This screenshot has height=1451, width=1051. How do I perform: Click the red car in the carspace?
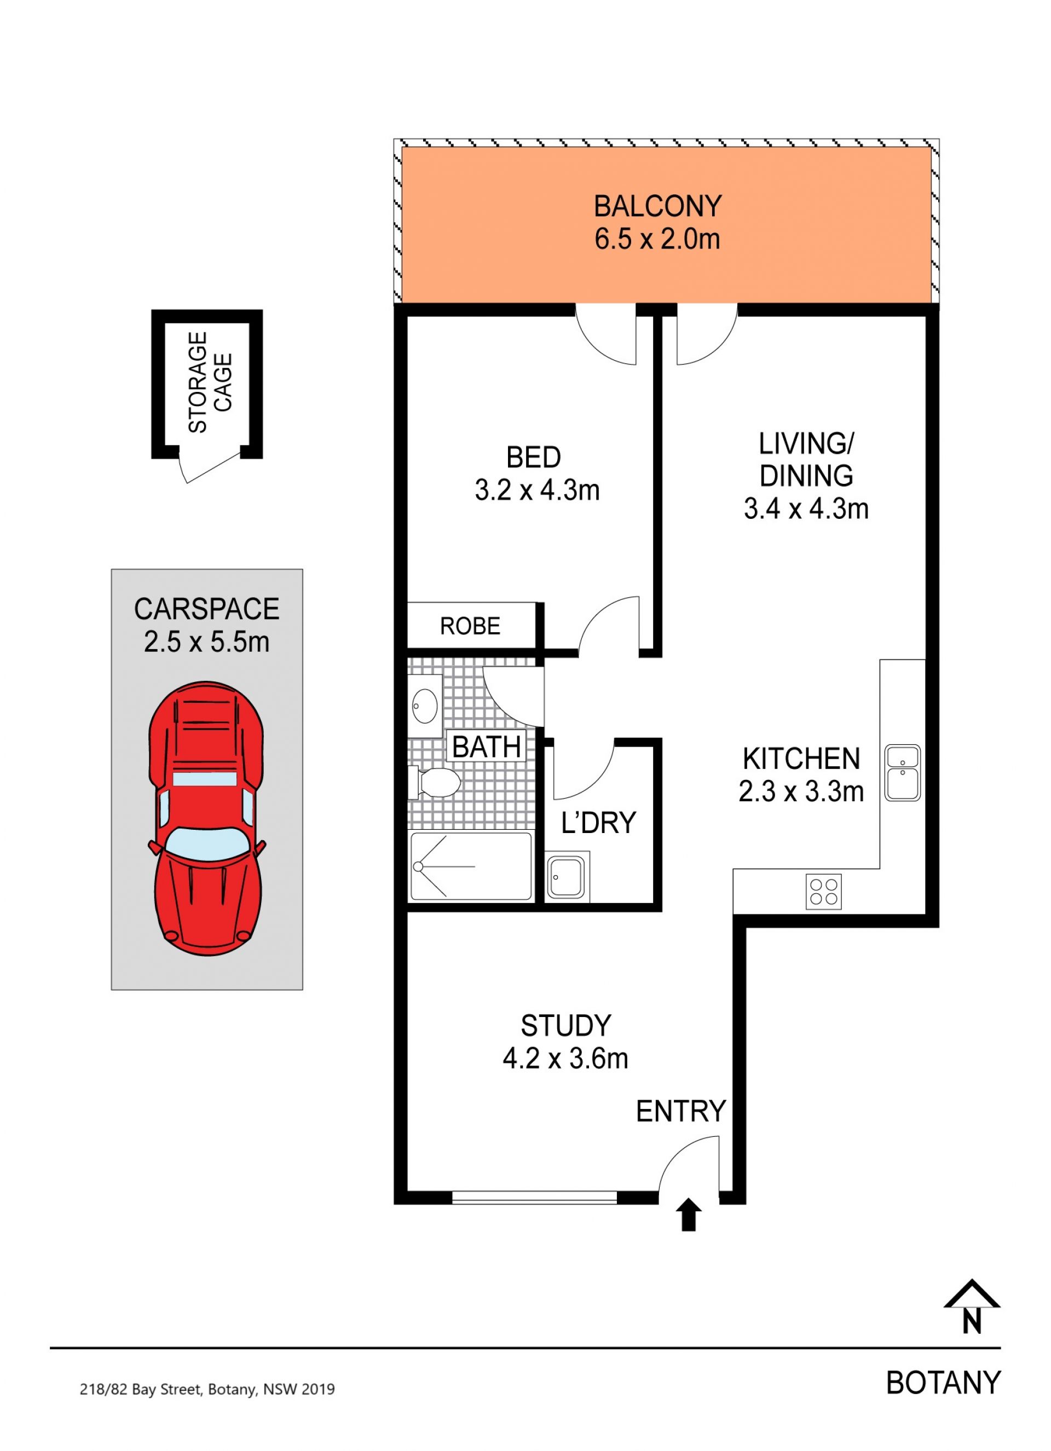coord(206,818)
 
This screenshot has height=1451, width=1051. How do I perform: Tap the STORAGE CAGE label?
coord(209,382)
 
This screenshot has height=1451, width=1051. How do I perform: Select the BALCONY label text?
coord(657,206)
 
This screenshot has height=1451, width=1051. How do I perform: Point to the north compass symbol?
coord(971,1307)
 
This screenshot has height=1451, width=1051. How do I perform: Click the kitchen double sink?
coord(902,772)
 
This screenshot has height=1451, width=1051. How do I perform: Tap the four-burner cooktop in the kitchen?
coord(823,891)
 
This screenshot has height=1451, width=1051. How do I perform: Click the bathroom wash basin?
coord(425,706)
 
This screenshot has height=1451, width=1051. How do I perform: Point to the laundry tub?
coord(567,875)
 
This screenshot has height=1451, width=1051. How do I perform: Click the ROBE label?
coord(470,626)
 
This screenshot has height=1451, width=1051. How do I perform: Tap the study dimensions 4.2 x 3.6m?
coord(565,1058)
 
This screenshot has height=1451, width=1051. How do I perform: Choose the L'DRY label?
coord(599,823)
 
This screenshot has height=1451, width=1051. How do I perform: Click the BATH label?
coord(486,746)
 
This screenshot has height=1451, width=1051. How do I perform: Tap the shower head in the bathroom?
coord(418,867)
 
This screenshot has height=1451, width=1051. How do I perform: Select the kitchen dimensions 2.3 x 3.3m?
coord(801,791)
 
